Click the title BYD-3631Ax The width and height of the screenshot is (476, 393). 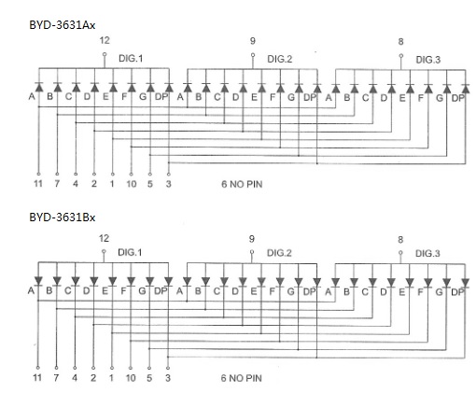pos(63,25)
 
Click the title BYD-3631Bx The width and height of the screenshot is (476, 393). pos(63,218)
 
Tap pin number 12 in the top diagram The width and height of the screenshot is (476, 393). pos(105,40)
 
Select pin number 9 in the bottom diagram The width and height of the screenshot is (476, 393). pos(252,239)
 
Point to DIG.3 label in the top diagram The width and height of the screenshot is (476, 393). pos(428,60)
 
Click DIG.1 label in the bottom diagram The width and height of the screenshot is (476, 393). pos(130,252)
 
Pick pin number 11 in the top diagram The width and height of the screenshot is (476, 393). pos(38,184)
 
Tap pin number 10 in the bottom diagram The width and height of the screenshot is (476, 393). pos(131,378)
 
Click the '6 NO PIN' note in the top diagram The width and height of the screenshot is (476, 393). pos(242,184)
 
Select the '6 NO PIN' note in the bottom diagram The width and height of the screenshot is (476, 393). pos(242,378)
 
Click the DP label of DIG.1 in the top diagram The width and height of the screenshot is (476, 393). pos(161,97)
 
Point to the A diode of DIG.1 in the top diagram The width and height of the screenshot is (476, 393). pos(39,87)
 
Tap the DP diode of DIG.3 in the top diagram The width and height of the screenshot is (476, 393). pos(466,89)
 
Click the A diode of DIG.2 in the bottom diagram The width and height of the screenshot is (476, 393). pos(187,281)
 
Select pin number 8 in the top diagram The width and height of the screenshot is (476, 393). pos(400,42)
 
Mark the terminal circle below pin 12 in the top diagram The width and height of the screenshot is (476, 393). pos(105,54)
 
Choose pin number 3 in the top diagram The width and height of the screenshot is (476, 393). pos(168,184)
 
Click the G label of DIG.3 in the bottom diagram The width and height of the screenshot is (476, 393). pos(439,292)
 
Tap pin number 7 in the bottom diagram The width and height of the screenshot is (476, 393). pos(56,378)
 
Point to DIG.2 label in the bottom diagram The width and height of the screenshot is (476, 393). pos(279,253)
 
